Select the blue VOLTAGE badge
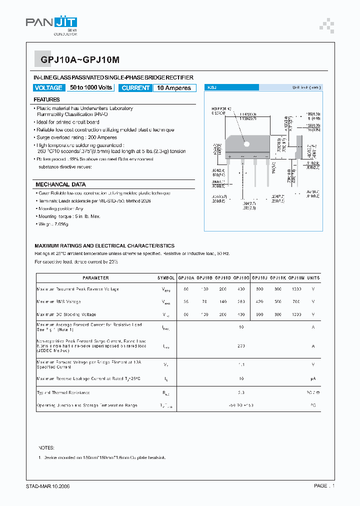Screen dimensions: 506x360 point(48,88)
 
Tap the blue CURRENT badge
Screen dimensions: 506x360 point(135,88)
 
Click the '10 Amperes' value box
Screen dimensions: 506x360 point(174,88)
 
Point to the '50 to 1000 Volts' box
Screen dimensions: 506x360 point(91,88)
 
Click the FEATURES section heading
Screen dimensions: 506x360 point(47,99)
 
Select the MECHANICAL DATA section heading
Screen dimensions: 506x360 point(60,184)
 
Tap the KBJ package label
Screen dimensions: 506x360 point(212,87)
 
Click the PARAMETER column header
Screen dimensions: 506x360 point(95,277)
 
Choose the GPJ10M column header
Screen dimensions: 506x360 point(296,277)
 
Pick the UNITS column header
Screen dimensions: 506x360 point(313,277)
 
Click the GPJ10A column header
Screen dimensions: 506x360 point(186,277)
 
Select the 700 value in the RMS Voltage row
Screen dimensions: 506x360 point(296,301)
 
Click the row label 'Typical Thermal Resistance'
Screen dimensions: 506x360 point(63,393)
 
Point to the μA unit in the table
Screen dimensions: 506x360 point(313,379)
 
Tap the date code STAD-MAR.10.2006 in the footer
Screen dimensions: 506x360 point(48,486)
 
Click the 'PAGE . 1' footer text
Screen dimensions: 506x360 point(324,486)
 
